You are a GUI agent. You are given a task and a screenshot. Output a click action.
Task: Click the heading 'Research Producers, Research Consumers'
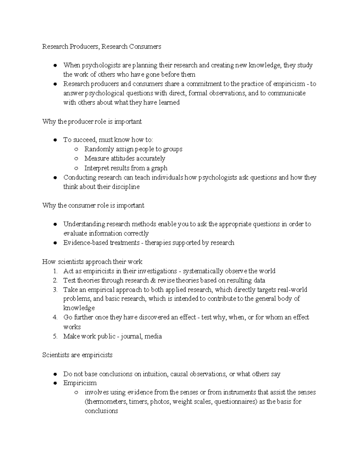click(101, 47)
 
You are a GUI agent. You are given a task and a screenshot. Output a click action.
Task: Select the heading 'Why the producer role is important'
click(92, 122)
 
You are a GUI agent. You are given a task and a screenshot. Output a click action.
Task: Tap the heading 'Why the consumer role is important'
click(93, 206)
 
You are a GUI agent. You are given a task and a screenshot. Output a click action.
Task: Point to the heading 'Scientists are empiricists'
click(77, 355)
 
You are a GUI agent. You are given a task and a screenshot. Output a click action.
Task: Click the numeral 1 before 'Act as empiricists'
click(55, 271)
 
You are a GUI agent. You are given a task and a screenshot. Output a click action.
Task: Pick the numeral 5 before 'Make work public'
click(55, 336)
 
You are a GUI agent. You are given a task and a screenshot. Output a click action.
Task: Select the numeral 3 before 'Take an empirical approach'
click(55, 290)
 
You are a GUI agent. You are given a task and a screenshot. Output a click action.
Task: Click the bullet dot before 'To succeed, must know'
click(55, 140)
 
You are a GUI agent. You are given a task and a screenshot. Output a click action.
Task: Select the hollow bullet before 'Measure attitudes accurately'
click(76, 159)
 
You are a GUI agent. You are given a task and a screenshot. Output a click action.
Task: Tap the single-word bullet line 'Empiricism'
click(80, 383)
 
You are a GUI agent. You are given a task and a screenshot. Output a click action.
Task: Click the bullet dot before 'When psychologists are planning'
click(55, 65)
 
